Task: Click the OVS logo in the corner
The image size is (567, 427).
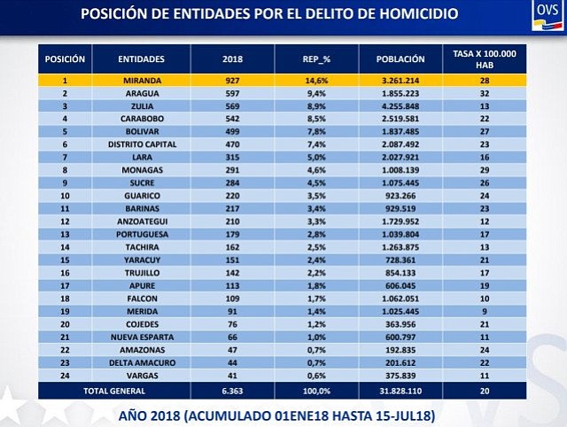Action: click(548, 15)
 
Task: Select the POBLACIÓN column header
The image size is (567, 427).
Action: click(400, 59)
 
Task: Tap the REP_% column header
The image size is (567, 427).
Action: click(316, 59)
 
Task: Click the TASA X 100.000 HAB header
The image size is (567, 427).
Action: click(485, 59)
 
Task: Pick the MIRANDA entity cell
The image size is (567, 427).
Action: click(142, 81)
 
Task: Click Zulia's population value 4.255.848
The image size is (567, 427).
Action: click(400, 106)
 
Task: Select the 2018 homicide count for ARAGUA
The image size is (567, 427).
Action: click(232, 93)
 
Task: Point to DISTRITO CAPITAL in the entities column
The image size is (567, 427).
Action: click(142, 144)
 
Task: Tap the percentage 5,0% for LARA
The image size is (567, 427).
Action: click(316, 158)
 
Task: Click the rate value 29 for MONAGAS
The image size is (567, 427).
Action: click(485, 170)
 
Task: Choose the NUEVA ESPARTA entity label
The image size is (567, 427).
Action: click(142, 337)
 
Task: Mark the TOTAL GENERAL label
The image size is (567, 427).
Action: click(114, 391)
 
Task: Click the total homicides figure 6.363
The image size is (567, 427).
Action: click(232, 391)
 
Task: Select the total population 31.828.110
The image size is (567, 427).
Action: click(400, 391)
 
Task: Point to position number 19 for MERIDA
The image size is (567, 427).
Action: click(65, 311)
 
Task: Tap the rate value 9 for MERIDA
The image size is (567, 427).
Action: click(485, 311)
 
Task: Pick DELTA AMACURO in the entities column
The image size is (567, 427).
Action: click(142, 362)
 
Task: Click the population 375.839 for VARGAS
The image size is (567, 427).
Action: click(400, 376)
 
